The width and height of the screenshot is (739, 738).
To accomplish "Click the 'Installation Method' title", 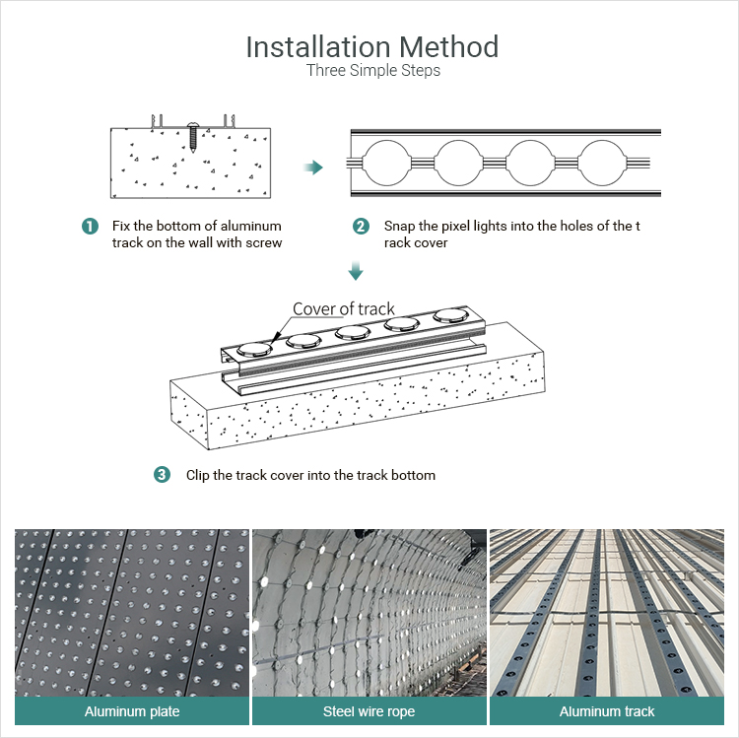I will point(371,46).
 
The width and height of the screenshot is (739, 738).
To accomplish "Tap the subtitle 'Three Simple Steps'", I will point(372,71).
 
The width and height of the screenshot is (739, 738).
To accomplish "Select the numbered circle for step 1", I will point(90,227).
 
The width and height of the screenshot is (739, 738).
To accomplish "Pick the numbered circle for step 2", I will point(361,227).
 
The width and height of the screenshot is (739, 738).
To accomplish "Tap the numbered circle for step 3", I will point(162,475).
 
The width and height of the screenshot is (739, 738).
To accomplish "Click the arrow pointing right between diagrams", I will point(313,168).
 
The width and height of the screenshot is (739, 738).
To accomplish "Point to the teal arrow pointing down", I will point(357,270).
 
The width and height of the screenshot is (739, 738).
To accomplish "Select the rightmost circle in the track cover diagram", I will point(600,163).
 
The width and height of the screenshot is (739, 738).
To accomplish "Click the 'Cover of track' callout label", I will point(344,308).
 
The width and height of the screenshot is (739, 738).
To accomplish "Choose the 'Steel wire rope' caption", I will point(369,711).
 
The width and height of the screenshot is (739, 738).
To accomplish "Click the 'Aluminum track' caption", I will point(607,711).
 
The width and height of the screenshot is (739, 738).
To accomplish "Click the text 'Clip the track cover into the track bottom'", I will point(310,475).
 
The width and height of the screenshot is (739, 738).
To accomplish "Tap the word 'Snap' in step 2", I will point(399,227).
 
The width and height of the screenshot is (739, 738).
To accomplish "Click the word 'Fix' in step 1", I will point(123,227).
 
